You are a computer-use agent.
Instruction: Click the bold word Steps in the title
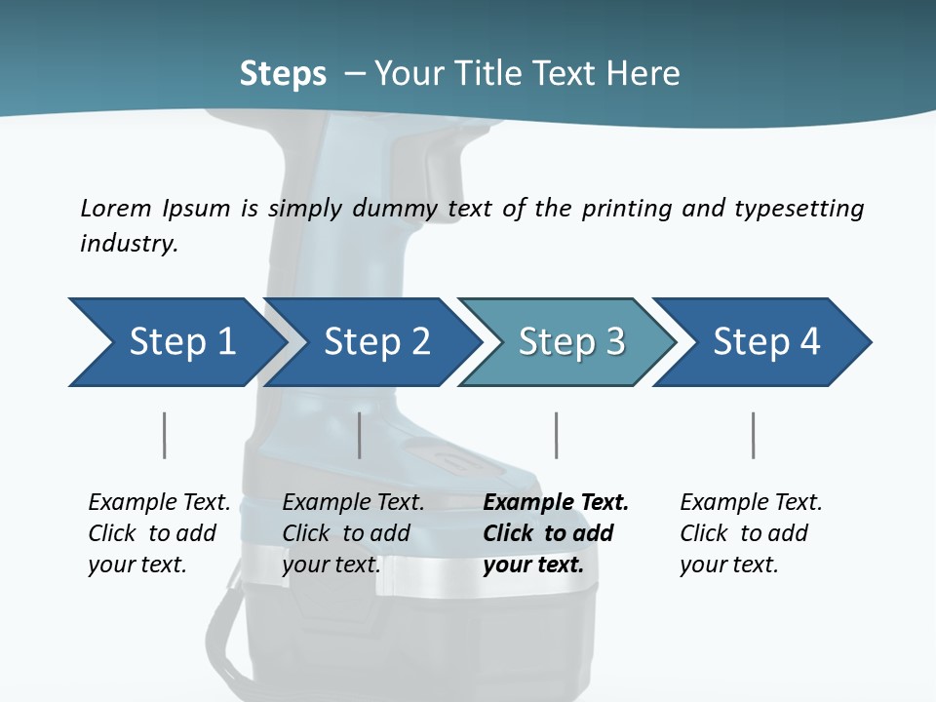[283, 74]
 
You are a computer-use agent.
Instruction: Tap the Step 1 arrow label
[182, 341]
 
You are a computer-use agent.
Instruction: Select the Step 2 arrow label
[377, 341]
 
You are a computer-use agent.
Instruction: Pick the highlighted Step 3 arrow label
[571, 341]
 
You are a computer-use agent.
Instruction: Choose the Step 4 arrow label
[766, 341]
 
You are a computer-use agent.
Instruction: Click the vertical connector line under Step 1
[164, 435]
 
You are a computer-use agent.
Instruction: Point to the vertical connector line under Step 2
[360, 435]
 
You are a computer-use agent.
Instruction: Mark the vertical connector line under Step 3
[556, 435]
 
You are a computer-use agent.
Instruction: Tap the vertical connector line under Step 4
[753, 435]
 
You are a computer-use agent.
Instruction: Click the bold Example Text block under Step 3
[556, 533]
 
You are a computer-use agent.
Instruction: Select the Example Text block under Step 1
[159, 533]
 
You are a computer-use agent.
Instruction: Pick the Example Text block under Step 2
[353, 533]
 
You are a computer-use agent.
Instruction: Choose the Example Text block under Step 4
[751, 533]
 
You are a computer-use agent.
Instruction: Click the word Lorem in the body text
[116, 209]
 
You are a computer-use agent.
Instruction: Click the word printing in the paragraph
[627, 209]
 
